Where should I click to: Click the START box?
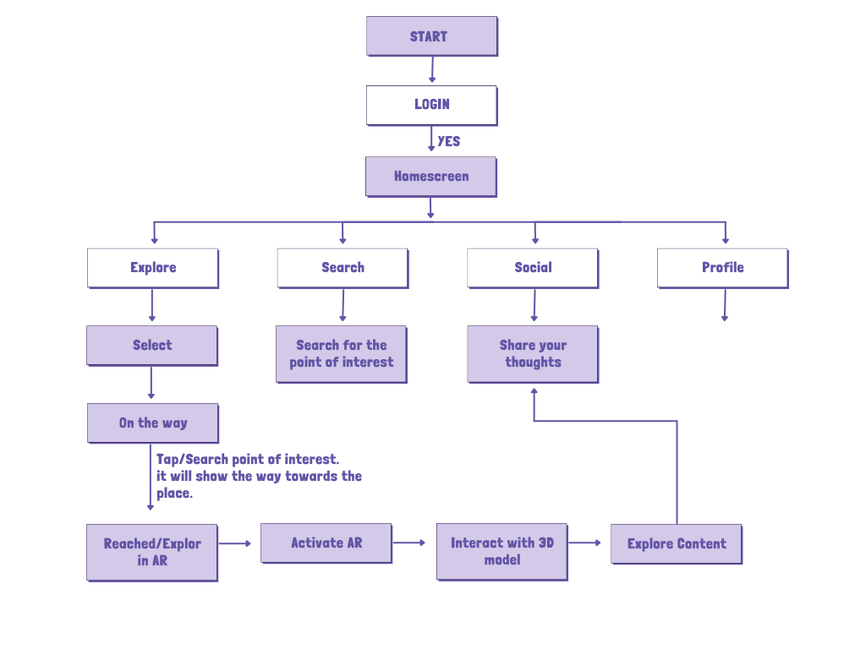pyautogui.click(x=431, y=36)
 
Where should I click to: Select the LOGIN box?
pyautogui.click(x=431, y=105)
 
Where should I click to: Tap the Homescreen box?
pyautogui.click(x=430, y=177)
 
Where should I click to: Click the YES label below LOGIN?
pyautogui.click(x=449, y=141)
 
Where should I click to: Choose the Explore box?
pyautogui.click(x=153, y=268)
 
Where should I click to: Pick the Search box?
pyautogui.click(x=343, y=268)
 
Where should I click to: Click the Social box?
pyautogui.click(x=533, y=268)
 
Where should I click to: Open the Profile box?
pyautogui.click(x=722, y=268)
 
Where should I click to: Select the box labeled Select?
pyautogui.click(x=152, y=346)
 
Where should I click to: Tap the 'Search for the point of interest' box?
pyautogui.click(x=341, y=354)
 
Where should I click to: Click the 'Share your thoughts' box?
pyautogui.click(x=533, y=354)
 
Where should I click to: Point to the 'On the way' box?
pyautogui.click(x=153, y=423)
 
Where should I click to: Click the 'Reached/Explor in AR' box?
pyautogui.click(x=152, y=552)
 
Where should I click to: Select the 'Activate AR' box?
pyautogui.click(x=326, y=543)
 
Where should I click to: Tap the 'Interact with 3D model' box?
pyautogui.click(x=502, y=551)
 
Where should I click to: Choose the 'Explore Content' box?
pyautogui.click(x=676, y=544)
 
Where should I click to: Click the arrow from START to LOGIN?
pyautogui.click(x=432, y=69)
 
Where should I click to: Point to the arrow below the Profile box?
pyautogui.click(x=724, y=305)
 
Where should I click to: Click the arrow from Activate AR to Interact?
pyautogui.click(x=410, y=543)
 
